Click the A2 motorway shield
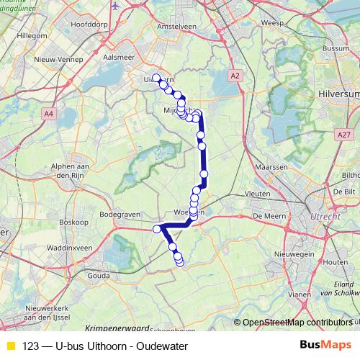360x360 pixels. coord(235,74)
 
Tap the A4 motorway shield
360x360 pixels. coord(48,113)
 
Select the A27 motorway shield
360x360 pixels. coord(343,133)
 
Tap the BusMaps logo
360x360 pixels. coord(325,344)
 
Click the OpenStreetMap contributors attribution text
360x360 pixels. coord(297,323)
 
